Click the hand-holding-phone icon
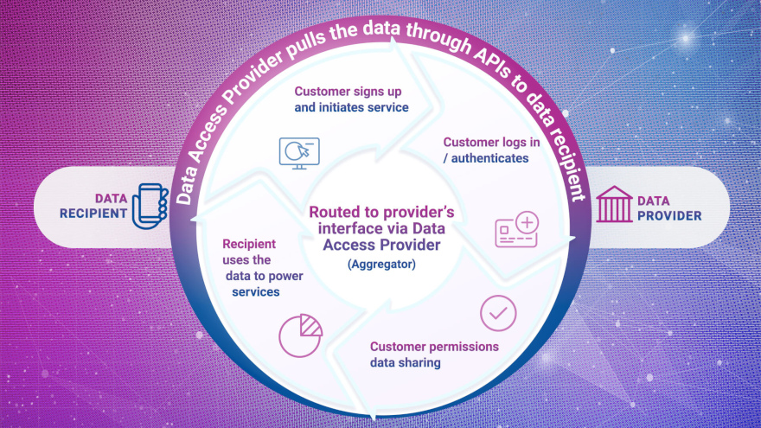(148, 206)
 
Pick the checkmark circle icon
(498, 314)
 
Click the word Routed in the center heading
(332, 213)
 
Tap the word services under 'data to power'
(255, 292)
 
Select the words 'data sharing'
(406, 363)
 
